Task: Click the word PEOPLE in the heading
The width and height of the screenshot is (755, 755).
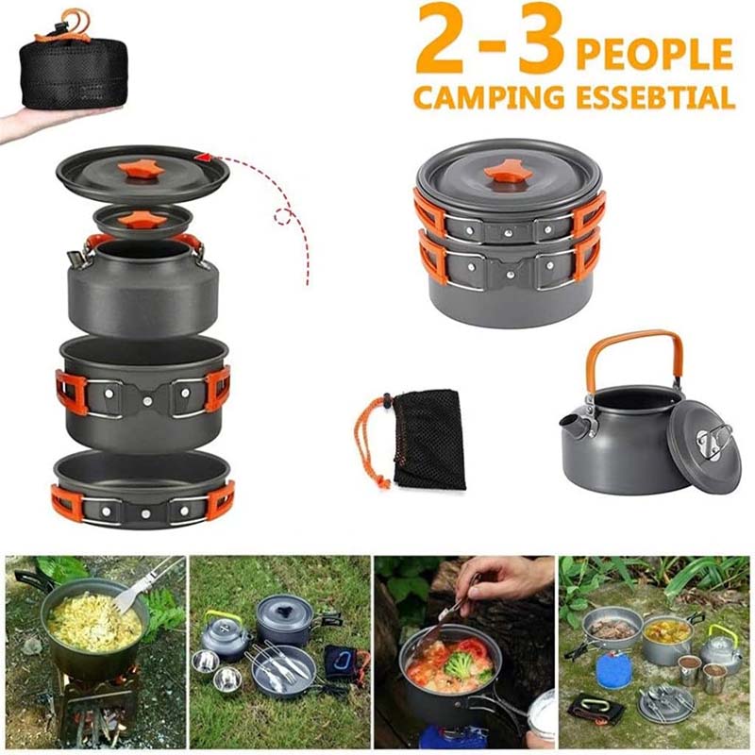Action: (x=654, y=54)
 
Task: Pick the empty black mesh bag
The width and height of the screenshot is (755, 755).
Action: (x=429, y=439)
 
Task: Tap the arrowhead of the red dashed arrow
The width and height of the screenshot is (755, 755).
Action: (x=200, y=157)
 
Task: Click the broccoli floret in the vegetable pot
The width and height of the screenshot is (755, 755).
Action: (x=459, y=666)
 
